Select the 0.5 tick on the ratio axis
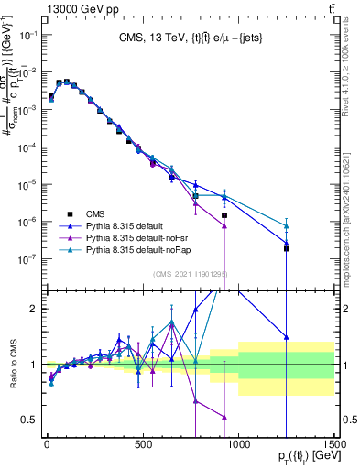coord(28,420)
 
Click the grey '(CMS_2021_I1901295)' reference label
coord(191,274)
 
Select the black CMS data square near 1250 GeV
coord(287,247)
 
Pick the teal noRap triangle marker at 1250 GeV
coord(287,226)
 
